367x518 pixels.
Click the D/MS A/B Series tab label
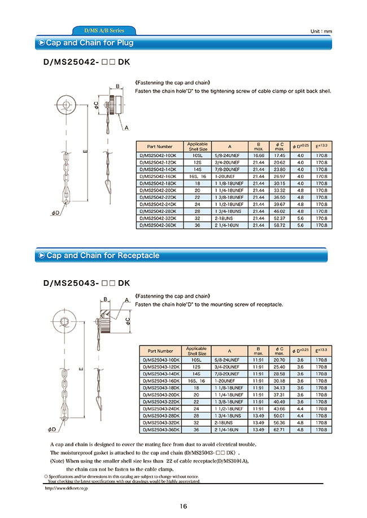[103, 30]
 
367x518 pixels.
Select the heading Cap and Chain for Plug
[89, 43]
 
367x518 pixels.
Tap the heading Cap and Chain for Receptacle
[103, 255]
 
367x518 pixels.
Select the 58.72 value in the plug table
[279, 225]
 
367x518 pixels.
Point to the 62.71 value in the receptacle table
[279, 430]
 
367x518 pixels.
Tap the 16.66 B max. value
[259, 155]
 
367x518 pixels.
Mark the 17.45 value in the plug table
[279, 155]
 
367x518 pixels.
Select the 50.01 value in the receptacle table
[279, 415]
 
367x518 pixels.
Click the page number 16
[183, 506]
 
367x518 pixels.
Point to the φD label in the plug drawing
[55, 212]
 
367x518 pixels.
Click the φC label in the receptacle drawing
[128, 320]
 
